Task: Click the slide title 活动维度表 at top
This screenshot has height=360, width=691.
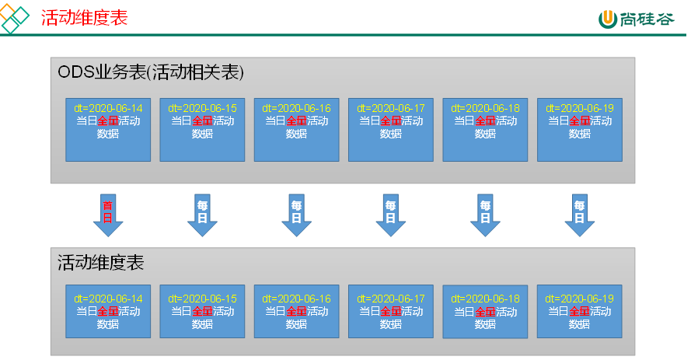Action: click(x=85, y=17)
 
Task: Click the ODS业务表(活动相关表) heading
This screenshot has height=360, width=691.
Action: click(x=151, y=72)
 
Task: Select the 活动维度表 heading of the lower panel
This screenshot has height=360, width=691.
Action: click(x=101, y=263)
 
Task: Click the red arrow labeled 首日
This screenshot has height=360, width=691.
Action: click(x=108, y=214)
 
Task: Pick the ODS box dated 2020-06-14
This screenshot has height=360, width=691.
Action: click(x=108, y=130)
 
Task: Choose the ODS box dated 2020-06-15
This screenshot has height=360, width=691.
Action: click(x=202, y=130)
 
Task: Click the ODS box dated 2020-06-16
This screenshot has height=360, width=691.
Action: click(x=296, y=130)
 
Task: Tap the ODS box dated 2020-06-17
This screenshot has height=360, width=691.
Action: click(x=391, y=130)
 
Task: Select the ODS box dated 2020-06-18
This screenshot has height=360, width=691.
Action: click(x=485, y=130)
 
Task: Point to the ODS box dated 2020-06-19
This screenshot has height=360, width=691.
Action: click(x=580, y=130)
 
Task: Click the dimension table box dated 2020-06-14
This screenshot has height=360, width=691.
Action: click(x=108, y=311)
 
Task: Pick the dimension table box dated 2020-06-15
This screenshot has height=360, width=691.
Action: click(x=202, y=311)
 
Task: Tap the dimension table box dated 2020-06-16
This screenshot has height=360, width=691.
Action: click(x=296, y=311)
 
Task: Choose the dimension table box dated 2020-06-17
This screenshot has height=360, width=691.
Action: click(x=391, y=311)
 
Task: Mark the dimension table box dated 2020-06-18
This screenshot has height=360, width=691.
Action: click(x=485, y=312)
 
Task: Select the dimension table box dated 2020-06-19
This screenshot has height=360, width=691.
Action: click(x=580, y=311)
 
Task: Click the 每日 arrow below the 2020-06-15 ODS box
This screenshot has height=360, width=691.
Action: click(x=202, y=214)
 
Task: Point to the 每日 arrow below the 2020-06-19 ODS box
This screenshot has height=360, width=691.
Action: click(x=580, y=214)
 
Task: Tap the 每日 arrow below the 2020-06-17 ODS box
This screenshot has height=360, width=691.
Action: click(x=391, y=214)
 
